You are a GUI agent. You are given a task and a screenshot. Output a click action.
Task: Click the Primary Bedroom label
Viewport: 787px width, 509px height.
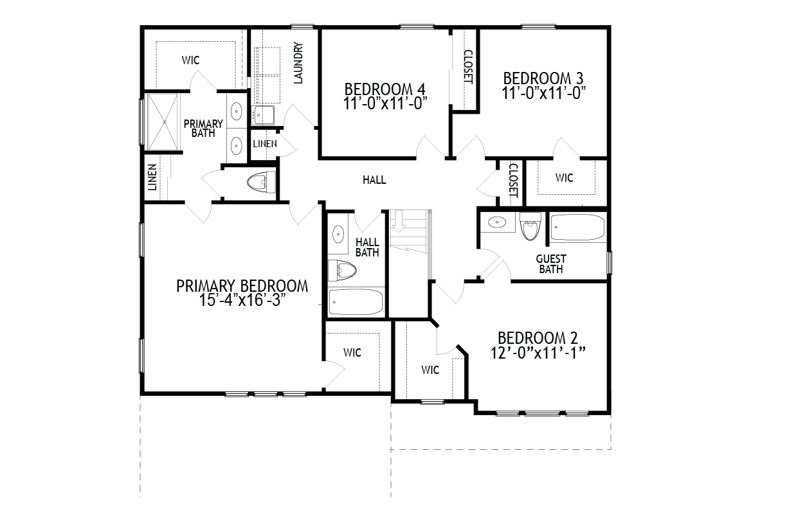242,286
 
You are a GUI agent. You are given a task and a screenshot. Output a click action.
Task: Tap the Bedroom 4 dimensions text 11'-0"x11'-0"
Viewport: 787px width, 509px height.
385,103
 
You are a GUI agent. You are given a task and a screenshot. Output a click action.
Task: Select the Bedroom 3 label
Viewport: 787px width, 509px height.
543,78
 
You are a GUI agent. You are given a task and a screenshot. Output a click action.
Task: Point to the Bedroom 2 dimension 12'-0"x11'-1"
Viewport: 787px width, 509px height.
538,353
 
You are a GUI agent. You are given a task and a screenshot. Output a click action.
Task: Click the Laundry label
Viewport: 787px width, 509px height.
298,63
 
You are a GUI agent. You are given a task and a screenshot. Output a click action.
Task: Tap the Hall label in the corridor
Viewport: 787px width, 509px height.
374,180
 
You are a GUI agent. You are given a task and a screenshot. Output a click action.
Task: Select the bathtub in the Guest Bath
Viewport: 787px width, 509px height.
577,227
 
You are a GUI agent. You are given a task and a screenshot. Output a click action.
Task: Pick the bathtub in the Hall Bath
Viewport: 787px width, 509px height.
356,301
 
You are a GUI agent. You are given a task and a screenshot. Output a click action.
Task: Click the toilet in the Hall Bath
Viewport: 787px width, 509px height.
342,271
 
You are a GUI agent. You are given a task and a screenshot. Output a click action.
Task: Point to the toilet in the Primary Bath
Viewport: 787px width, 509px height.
261,183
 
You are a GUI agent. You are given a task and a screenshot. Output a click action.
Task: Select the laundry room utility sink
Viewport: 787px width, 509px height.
263,115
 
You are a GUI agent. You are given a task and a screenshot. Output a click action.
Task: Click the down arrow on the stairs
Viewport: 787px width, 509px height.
399,222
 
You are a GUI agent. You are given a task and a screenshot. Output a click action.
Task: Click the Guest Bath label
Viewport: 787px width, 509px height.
551,264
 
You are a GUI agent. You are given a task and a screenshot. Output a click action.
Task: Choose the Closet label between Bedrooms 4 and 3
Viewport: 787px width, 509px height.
468,67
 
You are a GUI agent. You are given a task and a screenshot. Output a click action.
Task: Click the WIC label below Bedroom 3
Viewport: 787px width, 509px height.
565,178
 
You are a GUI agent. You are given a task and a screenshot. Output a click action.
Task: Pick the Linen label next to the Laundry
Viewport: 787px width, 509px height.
265,144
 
